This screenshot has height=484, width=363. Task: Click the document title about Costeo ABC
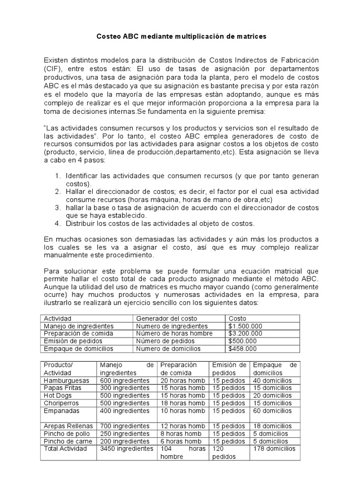click(x=181, y=36)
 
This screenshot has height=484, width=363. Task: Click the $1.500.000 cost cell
click(x=245, y=326)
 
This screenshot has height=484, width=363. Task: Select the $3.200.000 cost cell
click(x=245, y=333)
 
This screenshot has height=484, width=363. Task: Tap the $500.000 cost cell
click(x=242, y=340)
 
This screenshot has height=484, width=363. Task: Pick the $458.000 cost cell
click(x=242, y=349)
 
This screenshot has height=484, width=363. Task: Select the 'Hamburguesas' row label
click(x=65, y=380)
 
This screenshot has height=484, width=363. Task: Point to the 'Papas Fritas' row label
click(x=62, y=388)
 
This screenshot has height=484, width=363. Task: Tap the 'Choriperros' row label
click(x=61, y=403)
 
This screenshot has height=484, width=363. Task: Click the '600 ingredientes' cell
click(x=124, y=380)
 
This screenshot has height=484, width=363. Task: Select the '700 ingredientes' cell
click(x=124, y=426)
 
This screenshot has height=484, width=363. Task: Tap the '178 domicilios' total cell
click(x=275, y=449)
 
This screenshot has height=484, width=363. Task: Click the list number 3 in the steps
click(x=57, y=207)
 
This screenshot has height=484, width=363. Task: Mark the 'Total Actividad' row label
click(x=65, y=449)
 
